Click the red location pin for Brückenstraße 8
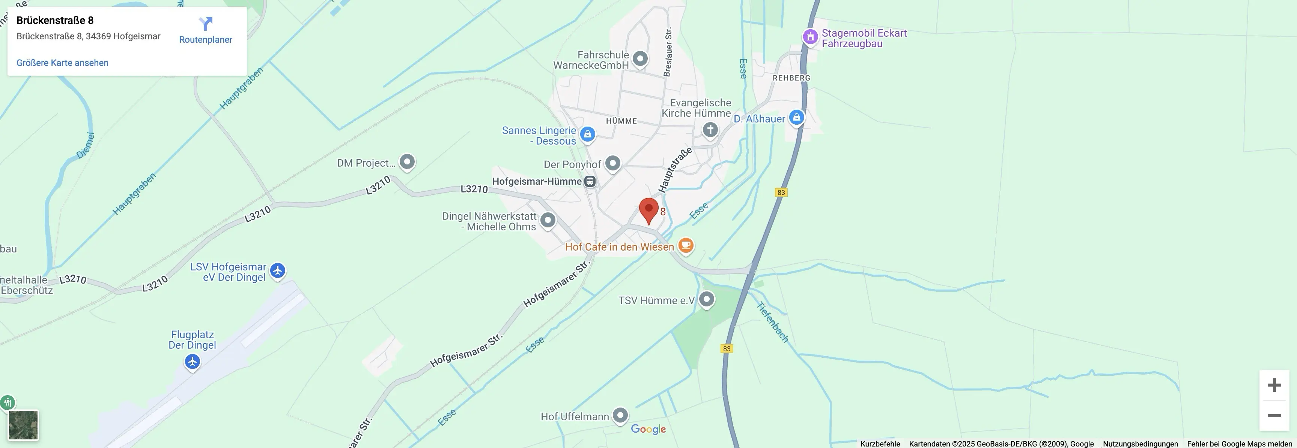pyautogui.click(x=648, y=209)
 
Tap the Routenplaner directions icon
pyautogui.click(x=205, y=24)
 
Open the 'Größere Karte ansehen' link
pyautogui.click(x=62, y=63)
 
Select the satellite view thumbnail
pyautogui.click(x=23, y=425)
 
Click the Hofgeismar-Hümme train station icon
pyautogui.click(x=590, y=182)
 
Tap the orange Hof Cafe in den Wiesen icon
pyautogui.click(x=686, y=245)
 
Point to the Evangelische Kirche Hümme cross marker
pyautogui.click(x=710, y=130)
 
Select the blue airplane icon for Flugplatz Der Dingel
pyautogui.click(x=192, y=361)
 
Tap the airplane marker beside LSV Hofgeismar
pyautogui.click(x=277, y=270)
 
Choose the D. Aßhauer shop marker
pyautogui.click(x=796, y=118)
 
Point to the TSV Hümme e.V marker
pyautogui.click(x=706, y=299)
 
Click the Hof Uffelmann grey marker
pyautogui.click(x=620, y=415)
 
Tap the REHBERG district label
pyautogui.click(x=791, y=78)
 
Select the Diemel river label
pyautogui.click(x=86, y=145)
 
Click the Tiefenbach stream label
pyautogui.click(x=772, y=322)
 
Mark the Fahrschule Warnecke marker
pyautogui.click(x=640, y=58)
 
